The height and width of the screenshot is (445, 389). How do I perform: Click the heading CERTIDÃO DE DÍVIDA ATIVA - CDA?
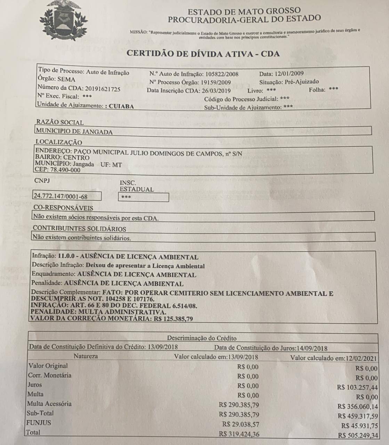[x=203, y=54]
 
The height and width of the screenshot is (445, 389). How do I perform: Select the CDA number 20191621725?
[x=103, y=89]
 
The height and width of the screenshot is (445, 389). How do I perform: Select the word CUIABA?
[x=121, y=106]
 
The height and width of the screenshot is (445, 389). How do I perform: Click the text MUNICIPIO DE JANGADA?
[x=74, y=132]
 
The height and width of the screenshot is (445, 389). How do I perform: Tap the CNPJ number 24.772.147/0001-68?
[x=60, y=196]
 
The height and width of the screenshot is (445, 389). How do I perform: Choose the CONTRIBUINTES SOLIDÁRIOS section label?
[x=79, y=229]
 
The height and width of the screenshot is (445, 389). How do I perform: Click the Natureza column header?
[x=86, y=356]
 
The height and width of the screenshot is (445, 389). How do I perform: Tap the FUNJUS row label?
[x=39, y=423]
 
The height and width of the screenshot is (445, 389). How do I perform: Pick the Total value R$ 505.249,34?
[x=358, y=436]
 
